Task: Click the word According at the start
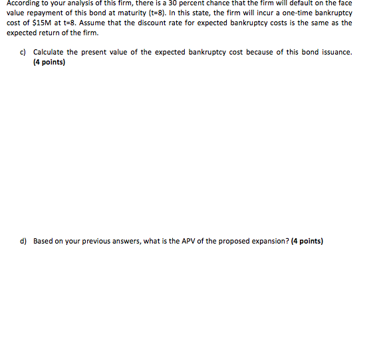pyautogui.click(x=25, y=3)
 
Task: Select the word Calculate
pyautogui.click(x=51, y=52)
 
